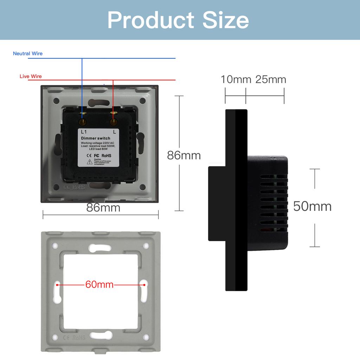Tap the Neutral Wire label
pyautogui.click(x=28, y=53)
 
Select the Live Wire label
pyautogui.click(x=31, y=76)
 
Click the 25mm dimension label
pyautogui.click(x=271, y=79)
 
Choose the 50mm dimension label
pyautogui.click(x=312, y=206)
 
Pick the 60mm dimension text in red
pyautogui.click(x=99, y=284)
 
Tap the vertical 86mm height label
pyautogui.click(x=184, y=155)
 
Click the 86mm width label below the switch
pyautogui.click(x=103, y=208)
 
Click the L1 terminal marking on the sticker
pyautogui.click(x=84, y=131)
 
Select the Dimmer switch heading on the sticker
pyautogui.click(x=96, y=138)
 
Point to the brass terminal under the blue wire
pyautogui.click(x=83, y=122)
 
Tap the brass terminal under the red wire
pyautogui.click(x=113, y=122)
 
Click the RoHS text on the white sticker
pyautogui.click(x=107, y=155)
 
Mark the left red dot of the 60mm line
pyautogui.click(x=57, y=284)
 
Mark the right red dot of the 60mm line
pyautogui.click(x=143, y=284)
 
